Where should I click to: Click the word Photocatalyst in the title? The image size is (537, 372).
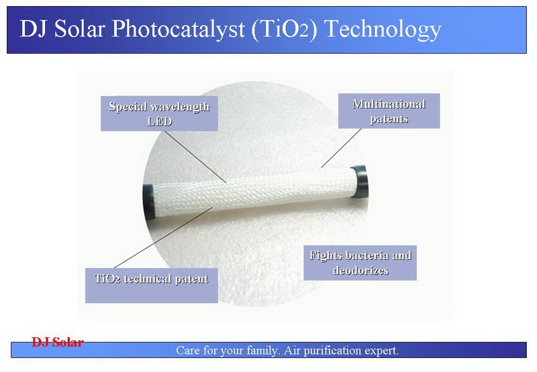pos(178,29)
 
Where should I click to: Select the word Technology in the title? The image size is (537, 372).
pos(383,29)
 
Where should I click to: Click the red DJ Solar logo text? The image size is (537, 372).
pos(58,342)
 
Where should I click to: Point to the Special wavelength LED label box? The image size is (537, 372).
pos(159,113)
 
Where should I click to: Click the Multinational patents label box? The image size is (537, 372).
pos(389,111)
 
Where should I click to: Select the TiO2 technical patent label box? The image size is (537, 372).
pos(152,285)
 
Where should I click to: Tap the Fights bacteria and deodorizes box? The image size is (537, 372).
pos(360,263)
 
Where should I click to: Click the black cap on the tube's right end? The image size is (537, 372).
pos(359,182)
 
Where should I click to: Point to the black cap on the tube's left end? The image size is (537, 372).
pos(148,204)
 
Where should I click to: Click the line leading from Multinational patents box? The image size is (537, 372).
pos(341,148)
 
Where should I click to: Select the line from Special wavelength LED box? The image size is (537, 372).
pos(195,156)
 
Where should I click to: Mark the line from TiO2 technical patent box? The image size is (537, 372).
pos(163,238)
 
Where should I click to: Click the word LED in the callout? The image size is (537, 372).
pos(159,122)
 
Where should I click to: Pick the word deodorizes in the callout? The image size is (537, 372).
pos(360,270)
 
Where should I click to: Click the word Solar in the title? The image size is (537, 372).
pos(79,29)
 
